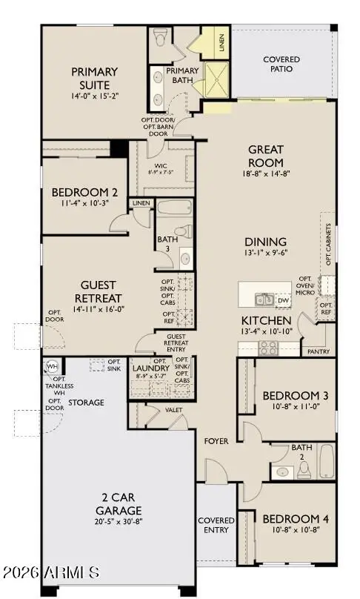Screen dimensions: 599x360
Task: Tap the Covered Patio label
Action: click(x=278, y=64)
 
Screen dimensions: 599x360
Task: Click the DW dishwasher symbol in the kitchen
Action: click(x=283, y=300)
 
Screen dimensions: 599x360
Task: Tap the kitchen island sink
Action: click(x=264, y=299)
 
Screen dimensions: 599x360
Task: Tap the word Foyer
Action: click(x=216, y=441)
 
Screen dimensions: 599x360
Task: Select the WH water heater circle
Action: click(x=52, y=366)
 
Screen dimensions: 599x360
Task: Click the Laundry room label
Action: click(x=150, y=368)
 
